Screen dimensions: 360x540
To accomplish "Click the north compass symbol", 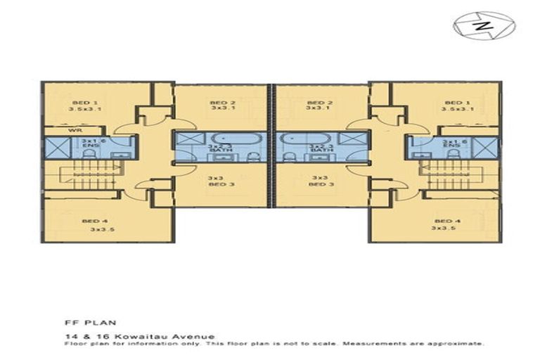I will point(484,26).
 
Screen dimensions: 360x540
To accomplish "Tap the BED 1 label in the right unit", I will point(458,102).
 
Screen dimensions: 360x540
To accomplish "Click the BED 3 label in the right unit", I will point(320,184).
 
